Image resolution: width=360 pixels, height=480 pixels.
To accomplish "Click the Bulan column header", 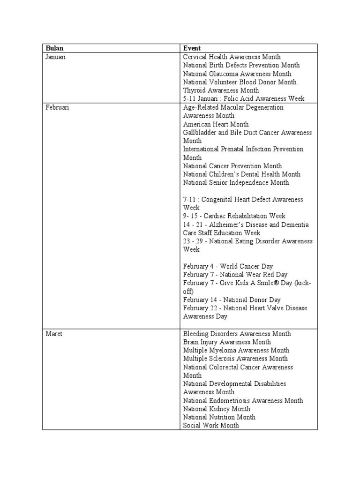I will point(54,48).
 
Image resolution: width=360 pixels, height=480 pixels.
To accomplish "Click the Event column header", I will point(192,48).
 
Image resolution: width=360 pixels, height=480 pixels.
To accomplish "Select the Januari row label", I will point(56,57).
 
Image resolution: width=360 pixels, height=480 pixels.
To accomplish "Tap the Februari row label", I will point(57,107).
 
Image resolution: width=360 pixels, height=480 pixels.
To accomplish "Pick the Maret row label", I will point(54,334).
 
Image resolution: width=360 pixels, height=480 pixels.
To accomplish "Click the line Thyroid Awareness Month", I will point(221,90).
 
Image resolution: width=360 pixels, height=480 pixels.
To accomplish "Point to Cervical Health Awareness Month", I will point(232,57).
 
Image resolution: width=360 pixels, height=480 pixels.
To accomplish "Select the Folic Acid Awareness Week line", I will point(244,99).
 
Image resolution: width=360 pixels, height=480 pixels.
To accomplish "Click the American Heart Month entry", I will point(216,124).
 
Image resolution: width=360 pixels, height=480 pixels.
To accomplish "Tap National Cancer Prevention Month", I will point(232,166).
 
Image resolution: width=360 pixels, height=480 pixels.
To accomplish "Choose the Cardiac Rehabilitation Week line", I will point(234,216).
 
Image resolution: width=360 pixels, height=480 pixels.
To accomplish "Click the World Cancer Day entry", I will point(228,266).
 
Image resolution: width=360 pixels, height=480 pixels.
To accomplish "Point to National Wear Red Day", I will point(235,275).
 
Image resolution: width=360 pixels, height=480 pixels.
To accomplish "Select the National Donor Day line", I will point(232,300).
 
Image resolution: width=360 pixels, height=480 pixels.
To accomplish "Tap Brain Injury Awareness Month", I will point(227,342).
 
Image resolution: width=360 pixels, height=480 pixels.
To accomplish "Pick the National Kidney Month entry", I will point(217,409).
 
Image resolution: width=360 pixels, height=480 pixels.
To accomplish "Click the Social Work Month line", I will point(211,426).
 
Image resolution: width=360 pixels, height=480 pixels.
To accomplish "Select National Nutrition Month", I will point(219,417).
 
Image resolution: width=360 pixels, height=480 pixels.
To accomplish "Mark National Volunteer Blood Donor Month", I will point(240,82).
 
